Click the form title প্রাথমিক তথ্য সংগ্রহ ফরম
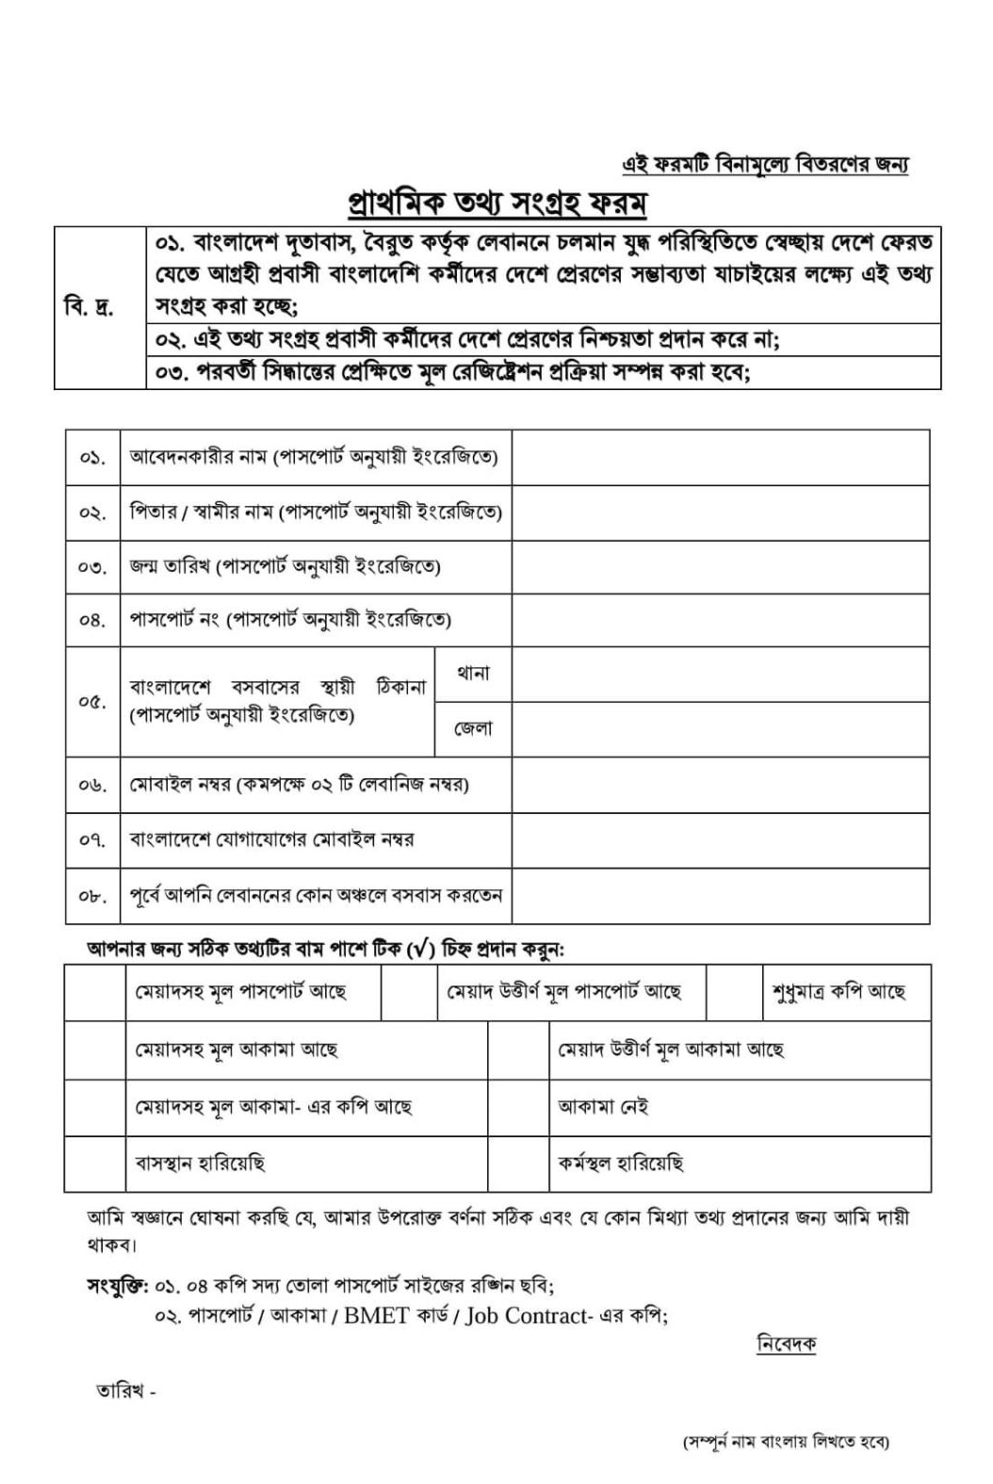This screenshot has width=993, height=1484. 496,203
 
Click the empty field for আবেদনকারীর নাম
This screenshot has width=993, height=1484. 721,458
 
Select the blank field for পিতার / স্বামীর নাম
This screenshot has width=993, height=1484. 721,512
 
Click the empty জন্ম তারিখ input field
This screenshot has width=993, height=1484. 721,566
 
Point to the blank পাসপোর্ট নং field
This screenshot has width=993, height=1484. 721,620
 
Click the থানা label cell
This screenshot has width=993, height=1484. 473,674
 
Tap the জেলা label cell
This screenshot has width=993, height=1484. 473,728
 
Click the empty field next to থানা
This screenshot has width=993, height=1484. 721,674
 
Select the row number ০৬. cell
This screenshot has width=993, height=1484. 92,785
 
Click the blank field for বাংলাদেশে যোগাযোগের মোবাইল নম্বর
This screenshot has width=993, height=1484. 721,840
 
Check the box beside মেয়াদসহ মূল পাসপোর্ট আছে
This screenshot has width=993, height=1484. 94,992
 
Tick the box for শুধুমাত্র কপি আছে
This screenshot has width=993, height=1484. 734,992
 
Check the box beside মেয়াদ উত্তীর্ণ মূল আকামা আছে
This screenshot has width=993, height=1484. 518,1050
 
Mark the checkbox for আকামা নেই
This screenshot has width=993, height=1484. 518,1106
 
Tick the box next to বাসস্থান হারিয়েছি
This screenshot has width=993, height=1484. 94,1163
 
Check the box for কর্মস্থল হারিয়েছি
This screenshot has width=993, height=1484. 518,1163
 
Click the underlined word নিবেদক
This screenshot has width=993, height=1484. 786,1345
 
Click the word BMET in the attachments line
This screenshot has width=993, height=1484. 377,1315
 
